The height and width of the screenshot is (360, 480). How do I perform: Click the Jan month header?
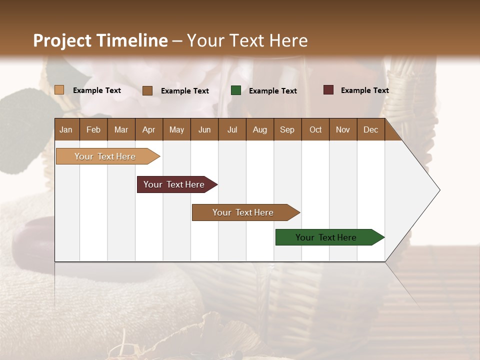[x=66, y=129]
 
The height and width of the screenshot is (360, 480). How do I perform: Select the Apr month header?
[x=148, y=129]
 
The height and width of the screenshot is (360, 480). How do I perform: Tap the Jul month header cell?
[x=232, y=129]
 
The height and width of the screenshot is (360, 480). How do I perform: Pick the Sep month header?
[x=287, y=129]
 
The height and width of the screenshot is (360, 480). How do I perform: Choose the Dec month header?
[x=370, y=129]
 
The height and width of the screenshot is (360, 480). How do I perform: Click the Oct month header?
[x=315, y=129]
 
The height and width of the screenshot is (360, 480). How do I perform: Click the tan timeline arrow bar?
[x=105, y=156]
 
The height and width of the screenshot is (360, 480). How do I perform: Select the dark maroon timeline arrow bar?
[x=174, y=184]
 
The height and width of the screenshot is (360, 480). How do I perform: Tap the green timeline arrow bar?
[x=326, y=237]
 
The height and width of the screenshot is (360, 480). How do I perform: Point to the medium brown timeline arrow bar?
[x=243, y=212]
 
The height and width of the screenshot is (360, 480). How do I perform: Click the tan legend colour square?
[x=59, y=90]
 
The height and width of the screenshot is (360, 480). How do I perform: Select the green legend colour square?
[x=236, y=90]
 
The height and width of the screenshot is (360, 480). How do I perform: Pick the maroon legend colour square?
[x=328, y=90]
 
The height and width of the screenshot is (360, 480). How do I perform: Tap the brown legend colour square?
[x=147, y=90]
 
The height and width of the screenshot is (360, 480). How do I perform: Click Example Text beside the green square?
[x=272, y=91]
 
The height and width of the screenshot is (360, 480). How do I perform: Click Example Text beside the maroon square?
[x=364, y=90]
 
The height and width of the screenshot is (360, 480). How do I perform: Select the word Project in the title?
[x=62, y=40]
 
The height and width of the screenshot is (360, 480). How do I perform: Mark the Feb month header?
[x=93, y=129]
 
